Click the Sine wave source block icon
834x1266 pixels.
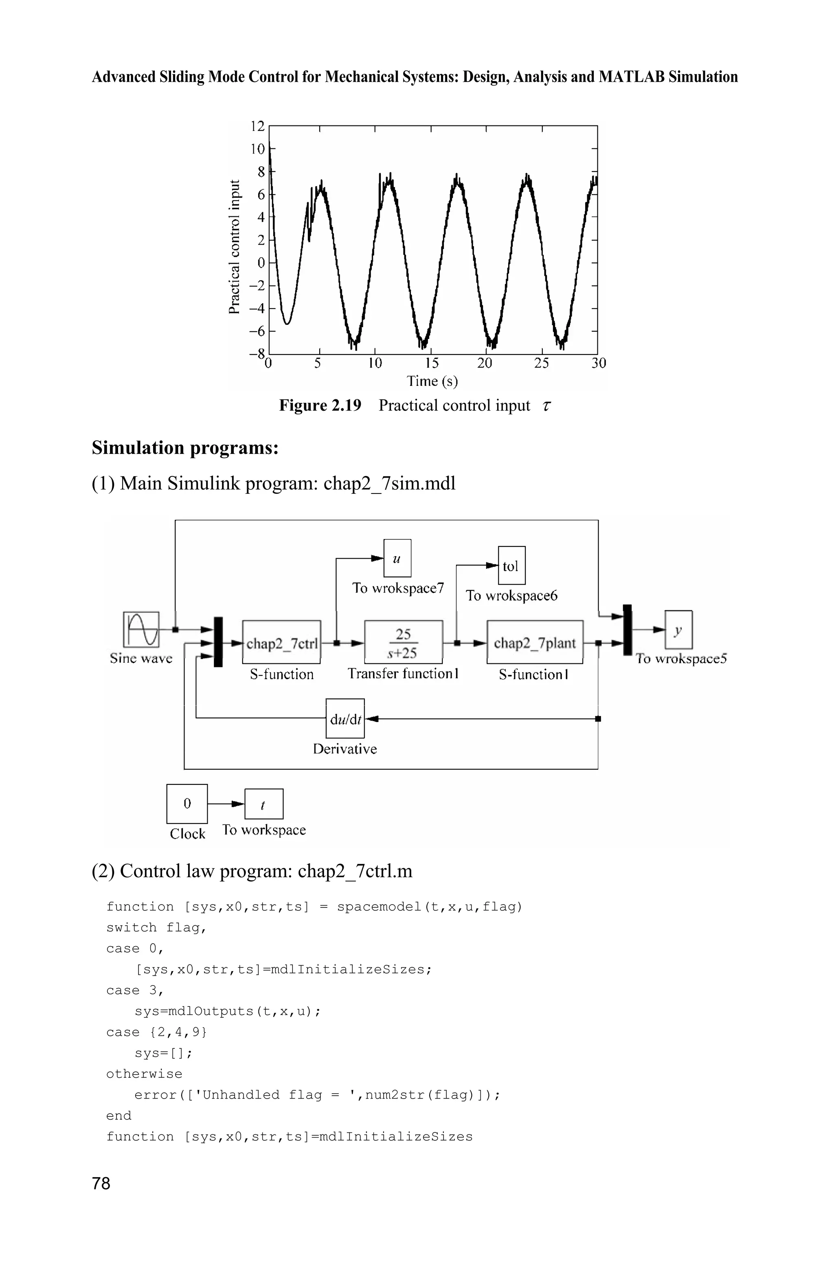click(141, 629)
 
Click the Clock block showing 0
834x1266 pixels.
click(187, 804)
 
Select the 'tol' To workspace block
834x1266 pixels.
click(511, 566)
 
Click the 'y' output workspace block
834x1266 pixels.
click(678, 630)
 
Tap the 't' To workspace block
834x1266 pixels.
click(264, 804)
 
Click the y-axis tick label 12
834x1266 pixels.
click(257, 126)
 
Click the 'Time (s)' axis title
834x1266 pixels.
click(432, 381)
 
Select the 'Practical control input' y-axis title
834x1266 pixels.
click(235, 247)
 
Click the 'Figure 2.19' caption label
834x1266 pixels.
click(320, 405)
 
